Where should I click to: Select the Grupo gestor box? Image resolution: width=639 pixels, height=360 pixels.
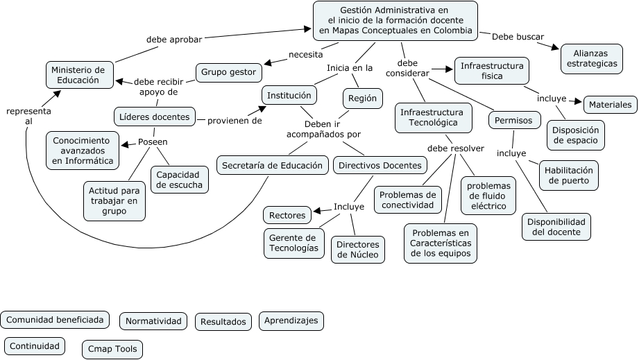[x=228, y=71]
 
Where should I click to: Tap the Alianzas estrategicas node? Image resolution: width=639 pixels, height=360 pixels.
[x=591, y=58]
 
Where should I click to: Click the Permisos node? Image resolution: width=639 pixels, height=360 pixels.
[x=514, y=121]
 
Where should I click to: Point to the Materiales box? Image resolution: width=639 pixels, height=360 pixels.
[x=610, y=105]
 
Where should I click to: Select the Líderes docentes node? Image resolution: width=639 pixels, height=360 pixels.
[x=155, y=117]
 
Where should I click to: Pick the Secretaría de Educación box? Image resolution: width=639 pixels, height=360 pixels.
[x=273, y=165]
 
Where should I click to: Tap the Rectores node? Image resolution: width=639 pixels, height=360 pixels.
[x=287, y=215]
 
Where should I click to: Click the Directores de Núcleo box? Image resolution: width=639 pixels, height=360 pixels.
[x=358, y=250]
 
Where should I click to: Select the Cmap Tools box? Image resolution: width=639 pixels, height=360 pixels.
[x=112, y=349]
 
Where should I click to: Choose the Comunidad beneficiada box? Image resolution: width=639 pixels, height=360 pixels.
[x=56, y=320]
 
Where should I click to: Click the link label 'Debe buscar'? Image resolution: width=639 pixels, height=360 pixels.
[x=518, y=37]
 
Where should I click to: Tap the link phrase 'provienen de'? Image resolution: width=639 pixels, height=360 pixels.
[x=235, y=120]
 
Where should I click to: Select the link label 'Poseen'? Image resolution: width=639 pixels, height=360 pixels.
[x=153, y=142]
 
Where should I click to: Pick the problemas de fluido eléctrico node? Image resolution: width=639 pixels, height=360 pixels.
[x=488, y=196]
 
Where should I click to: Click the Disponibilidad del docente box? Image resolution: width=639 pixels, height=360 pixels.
[x=556, y=227]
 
